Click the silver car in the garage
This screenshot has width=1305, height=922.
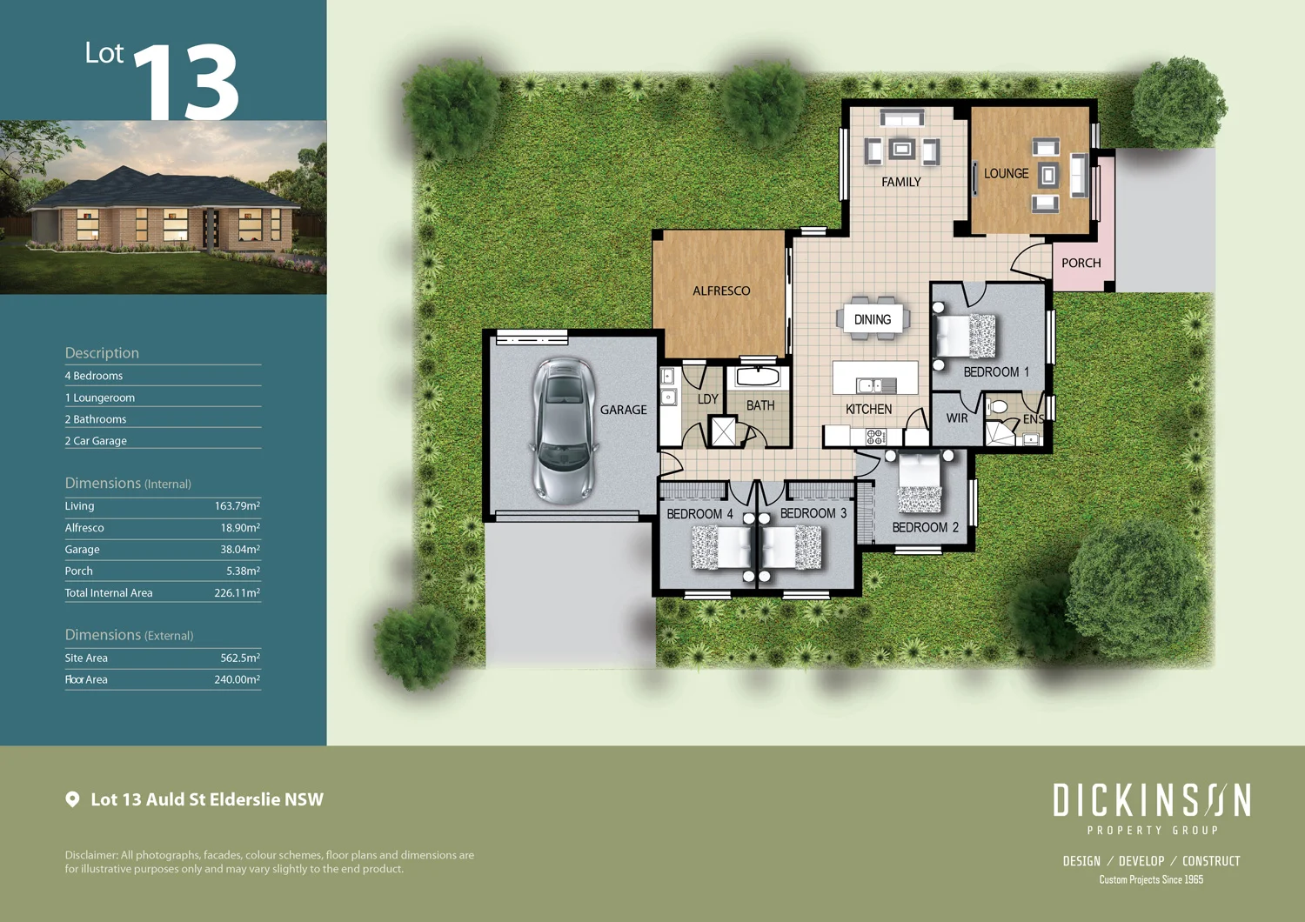tap(564, 430)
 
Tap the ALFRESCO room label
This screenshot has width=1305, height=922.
tap(720, 291)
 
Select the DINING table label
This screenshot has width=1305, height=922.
tap(873, 319)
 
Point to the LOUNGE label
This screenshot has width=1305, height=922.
tap(1006, 174)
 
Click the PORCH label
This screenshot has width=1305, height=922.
tap(1081, 263)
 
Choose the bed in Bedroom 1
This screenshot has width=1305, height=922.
tap(964, 336)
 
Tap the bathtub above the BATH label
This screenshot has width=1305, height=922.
tap(758, 377)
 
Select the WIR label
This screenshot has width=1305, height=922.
tap(957, 418)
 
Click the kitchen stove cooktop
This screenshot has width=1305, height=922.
tap(875, 437)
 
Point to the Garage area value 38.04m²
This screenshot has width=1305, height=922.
tap(239, 550)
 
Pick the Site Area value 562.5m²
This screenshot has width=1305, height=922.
tap(239, 658)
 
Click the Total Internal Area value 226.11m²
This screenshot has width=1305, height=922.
tap(237, 593)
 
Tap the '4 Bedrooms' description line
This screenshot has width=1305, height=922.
tap(94, 376)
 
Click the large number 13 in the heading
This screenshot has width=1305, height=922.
tap(186, 83)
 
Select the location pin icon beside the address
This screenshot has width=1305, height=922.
tap(73, 799)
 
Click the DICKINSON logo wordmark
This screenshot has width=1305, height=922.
tap(1151, 800)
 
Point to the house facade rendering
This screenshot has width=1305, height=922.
tap(164, 209)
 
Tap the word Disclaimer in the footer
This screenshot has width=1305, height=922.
tap(90, 855)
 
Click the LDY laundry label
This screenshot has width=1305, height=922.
tap(707, 399)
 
